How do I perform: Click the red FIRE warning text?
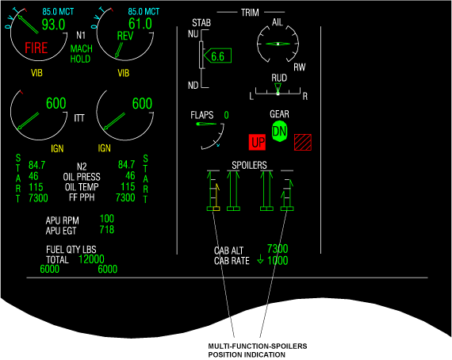[36, 48]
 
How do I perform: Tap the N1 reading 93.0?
[54, 25]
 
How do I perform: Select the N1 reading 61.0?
[140, 24]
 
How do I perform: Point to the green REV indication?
[125, 36]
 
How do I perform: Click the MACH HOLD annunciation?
[82, 54]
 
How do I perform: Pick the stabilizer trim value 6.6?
[217, 56]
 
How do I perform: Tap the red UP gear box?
[258, 142]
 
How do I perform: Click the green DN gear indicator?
[280, 132]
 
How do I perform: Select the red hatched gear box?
[303, 142]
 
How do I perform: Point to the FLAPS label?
[201, 115]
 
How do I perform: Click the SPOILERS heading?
[249, 165]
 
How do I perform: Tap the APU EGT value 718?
[107, 230]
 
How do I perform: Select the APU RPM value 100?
[107, 219]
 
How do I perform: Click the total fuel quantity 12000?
[91, 259]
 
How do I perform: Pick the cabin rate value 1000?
[278, 261]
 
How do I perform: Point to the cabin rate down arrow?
[260, 259]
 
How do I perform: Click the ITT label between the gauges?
[79, 118]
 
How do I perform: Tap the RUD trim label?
[279, 78]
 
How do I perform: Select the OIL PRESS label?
[82, 177]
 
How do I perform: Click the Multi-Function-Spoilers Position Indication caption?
[258, 350]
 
